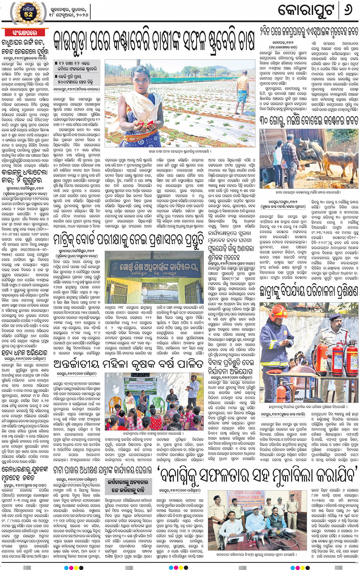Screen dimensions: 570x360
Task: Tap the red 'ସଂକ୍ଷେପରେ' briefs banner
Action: [x=25, y=33]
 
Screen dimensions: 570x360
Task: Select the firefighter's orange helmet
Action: [x=279, y=313]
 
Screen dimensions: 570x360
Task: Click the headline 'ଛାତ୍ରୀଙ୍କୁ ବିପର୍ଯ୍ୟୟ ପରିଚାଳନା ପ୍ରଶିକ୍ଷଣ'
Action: [x=309, y=291]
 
